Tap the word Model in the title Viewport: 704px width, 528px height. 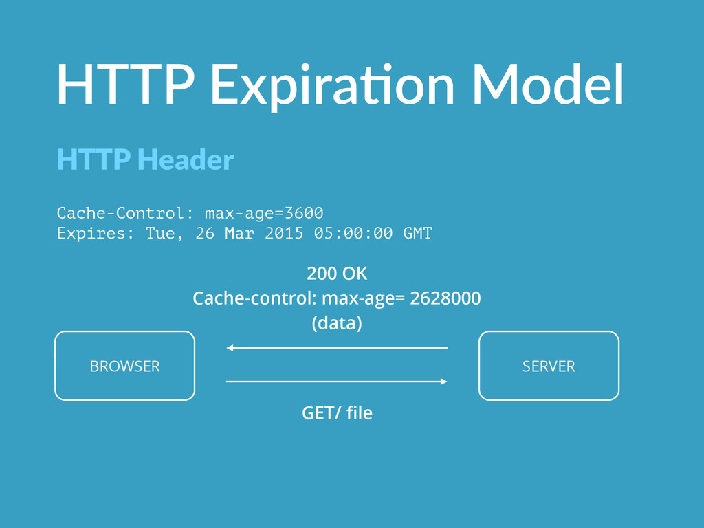click(548, 84)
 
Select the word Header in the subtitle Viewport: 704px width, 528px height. click(186, 159)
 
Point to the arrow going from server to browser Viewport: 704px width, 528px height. click(337, 347)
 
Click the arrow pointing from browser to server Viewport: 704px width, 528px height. click(337, 382)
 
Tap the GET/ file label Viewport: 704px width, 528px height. click(337, 412)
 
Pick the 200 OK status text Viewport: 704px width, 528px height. click(337, 274)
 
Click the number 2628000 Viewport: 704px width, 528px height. click(445, 298)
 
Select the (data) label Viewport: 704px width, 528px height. click(337, 323)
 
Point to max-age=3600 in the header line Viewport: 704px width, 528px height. click(264, 213)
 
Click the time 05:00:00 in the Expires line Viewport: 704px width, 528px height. click(353, 233)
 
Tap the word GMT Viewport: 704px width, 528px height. click(417, 233)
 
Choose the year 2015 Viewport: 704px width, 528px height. click(284, 233)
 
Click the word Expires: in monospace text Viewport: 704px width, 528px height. click(96, 234)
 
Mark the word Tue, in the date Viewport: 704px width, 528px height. click(164, 234)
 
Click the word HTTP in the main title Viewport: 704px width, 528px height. click(126, 84)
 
